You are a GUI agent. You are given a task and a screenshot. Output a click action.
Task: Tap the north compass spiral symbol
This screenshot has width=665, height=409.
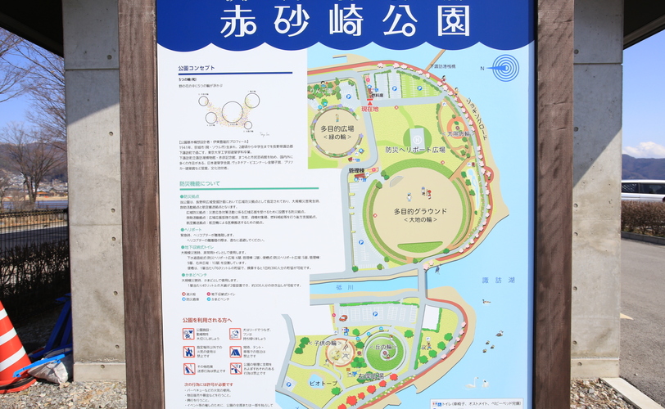[505, 68]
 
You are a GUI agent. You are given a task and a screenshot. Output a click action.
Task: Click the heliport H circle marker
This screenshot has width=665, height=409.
[417, 136]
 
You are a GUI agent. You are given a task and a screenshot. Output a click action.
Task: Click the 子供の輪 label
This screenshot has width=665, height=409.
[336, 344]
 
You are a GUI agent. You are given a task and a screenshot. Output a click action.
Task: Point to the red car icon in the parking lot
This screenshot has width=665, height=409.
[342, 317]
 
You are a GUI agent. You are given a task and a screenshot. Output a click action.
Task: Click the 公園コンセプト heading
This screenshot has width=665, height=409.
[200, 70]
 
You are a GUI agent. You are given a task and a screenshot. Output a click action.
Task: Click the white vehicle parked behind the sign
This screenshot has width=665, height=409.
[643, 190]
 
